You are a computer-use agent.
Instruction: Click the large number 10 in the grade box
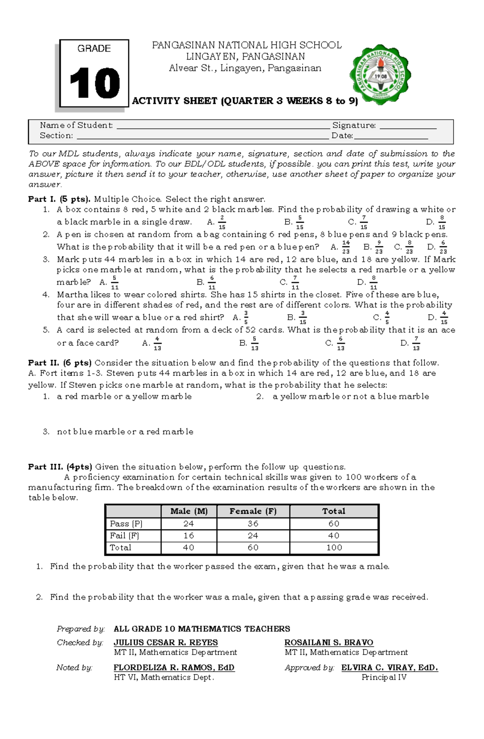coord(95,83)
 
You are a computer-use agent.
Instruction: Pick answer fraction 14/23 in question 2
coord(346,247)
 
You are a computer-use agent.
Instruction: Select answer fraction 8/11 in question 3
coord(373,282)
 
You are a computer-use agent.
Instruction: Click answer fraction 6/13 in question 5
coord(341,344)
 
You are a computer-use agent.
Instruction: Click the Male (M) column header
coord(189,511)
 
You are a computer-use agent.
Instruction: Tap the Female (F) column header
coord(253,511)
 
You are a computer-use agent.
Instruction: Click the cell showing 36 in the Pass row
coord(253,524)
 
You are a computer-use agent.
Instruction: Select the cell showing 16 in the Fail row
coord(189,536)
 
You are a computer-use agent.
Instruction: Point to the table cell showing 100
coord(334,548)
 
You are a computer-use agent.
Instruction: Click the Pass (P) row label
coord(126,524)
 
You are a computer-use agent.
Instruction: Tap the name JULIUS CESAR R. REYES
coord(165,642)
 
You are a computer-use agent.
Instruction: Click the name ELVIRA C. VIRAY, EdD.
coord(390,667)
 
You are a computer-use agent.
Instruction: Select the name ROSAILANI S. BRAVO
coord(329,642)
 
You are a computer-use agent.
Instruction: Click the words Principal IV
coord(384,677)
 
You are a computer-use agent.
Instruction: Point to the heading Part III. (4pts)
coord(60,467)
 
